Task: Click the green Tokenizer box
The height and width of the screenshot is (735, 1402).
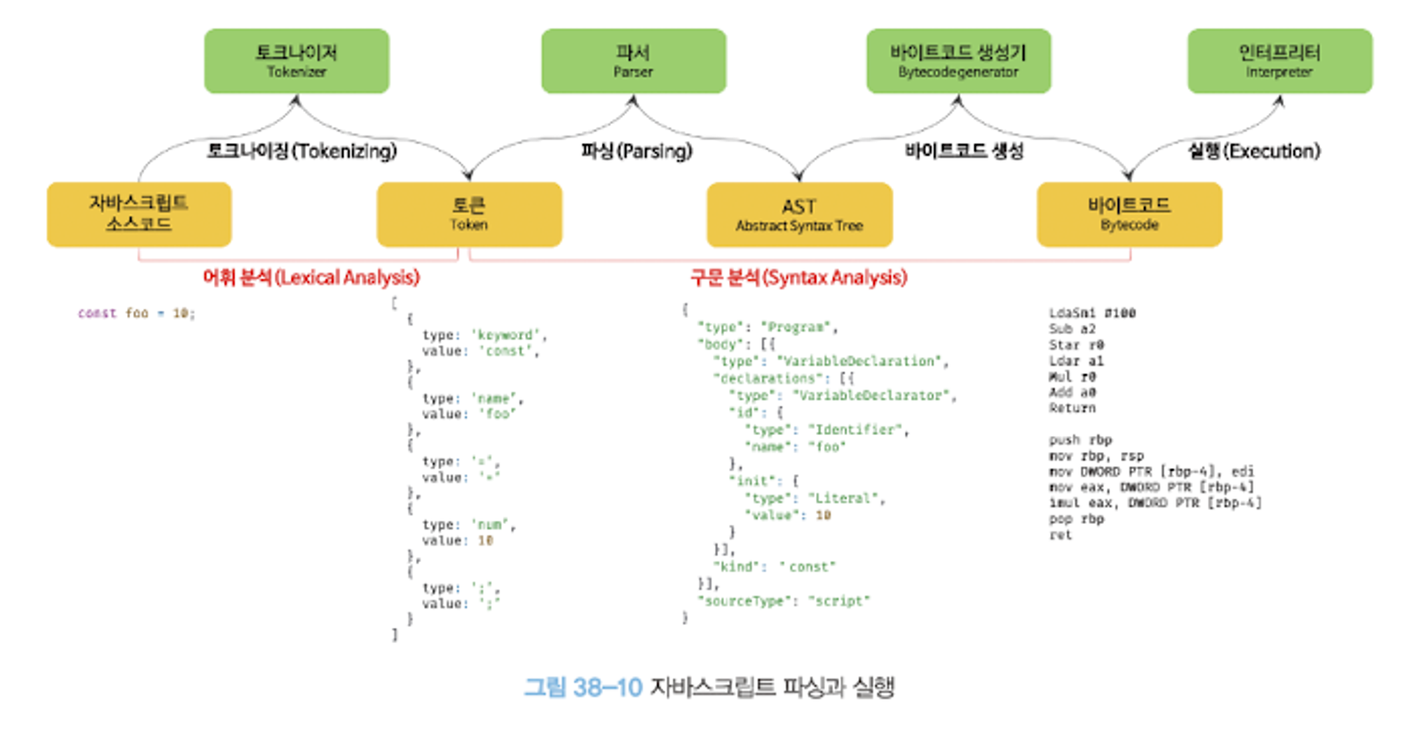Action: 297,61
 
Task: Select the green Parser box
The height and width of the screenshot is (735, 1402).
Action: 633,61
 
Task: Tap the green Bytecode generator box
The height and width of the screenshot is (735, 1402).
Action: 958,61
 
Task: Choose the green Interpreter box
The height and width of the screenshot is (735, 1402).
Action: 1279,61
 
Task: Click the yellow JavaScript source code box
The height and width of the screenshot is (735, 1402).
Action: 139,214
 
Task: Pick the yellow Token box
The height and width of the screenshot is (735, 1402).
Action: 469,214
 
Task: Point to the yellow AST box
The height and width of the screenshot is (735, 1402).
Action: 799,214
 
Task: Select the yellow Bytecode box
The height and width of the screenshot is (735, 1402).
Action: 1129,214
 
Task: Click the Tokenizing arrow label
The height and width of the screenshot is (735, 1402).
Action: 301,151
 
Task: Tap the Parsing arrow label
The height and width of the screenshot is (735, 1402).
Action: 637,151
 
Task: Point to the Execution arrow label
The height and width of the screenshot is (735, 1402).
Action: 1254,151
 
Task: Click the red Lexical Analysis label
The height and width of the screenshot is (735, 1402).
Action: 311,277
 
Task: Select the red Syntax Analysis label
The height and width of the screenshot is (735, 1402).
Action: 798,277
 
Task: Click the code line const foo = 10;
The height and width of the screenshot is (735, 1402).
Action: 137,313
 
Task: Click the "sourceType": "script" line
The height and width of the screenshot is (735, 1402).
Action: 783,600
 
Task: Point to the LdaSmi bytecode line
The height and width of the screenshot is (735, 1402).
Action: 1091,312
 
